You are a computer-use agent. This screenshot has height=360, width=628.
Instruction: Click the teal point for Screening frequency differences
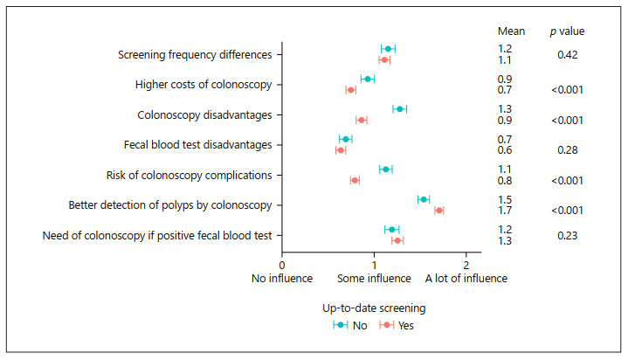[388, 49]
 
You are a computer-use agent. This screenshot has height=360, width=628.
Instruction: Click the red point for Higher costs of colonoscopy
[350, 90]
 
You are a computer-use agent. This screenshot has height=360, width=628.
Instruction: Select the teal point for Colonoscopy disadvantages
[399, 109]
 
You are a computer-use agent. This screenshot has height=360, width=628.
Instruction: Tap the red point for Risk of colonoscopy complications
[355, 180]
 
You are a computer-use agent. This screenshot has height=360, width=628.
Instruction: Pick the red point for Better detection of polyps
[438, 211]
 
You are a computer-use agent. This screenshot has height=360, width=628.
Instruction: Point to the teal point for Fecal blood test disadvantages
[345, 139]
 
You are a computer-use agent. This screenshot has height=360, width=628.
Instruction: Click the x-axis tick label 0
[282, 264]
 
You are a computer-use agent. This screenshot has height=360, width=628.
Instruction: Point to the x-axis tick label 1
[374, 264]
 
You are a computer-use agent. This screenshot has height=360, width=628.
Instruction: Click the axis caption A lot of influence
[466, 279]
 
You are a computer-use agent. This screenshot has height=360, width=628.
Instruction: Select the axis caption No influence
[283, 279]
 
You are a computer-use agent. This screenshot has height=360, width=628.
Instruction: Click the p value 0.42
[569, 54]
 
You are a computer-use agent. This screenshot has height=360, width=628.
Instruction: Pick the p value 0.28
[569, 150]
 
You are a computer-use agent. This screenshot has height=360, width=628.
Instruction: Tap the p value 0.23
[569, 235]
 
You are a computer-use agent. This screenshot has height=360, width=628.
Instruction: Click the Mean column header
[510, 31]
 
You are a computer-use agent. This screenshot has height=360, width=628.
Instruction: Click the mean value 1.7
[505, 211]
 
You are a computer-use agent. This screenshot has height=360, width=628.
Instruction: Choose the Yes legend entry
[398, 326]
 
